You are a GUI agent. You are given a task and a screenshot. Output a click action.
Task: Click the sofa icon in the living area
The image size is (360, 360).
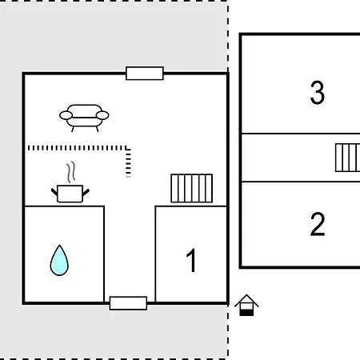[84, 118]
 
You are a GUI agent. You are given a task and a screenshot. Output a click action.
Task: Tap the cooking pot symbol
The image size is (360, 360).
[70, 194]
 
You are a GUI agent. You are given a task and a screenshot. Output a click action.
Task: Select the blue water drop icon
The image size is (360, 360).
[59, 260]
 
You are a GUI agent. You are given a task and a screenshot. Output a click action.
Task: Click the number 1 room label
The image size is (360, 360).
[191, 260]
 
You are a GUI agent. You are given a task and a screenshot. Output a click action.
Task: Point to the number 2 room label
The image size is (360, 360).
[318, 224]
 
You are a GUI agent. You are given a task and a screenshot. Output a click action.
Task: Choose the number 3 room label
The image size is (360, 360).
[318, 93]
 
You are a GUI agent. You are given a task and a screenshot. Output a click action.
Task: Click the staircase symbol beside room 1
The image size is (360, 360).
[192, 188]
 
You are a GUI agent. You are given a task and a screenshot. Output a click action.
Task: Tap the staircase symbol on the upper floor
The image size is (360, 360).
[348, 158]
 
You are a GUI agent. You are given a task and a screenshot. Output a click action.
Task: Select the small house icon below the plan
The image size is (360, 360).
[246, 305]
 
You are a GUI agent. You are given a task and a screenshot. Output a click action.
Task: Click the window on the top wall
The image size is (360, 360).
[145, 73]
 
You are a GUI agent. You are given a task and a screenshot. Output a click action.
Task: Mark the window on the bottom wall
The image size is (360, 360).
[128, 303]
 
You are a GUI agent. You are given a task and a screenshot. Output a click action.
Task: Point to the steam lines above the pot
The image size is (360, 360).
[71, 172]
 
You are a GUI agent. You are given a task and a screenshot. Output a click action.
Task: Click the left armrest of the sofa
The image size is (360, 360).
[66, 115]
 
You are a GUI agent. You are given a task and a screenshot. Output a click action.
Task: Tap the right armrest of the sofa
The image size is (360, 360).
[102, 115]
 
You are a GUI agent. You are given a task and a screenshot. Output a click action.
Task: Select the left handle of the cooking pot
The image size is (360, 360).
[54, 192]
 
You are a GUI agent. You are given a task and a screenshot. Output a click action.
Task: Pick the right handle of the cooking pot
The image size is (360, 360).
[86, 192]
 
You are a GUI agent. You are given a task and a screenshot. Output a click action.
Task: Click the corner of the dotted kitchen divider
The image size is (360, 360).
[128, 148]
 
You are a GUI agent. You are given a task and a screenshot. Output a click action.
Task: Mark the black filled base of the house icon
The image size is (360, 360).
[246, 313]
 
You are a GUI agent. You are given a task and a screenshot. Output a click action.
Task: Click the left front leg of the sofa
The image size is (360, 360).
[73, 130]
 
